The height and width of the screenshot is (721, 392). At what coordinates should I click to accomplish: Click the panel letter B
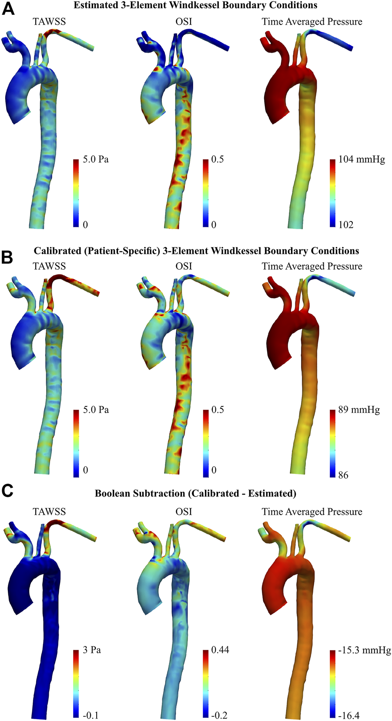(x=7, y=257)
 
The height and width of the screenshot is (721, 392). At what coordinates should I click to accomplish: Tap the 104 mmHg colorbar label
(x=361, y=159)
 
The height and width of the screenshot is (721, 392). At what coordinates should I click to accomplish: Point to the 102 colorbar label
(x=346, y=225)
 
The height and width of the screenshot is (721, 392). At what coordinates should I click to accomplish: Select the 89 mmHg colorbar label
(x=359, y=410)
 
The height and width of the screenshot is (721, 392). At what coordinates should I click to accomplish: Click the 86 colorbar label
(x=343, y=475)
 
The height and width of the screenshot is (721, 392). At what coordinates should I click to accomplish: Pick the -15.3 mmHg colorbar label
(x=365, y=650)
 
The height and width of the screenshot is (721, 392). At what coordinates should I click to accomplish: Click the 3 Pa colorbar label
(x=92, y=650)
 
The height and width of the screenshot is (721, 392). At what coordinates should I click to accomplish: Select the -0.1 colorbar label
(x=90, y=715)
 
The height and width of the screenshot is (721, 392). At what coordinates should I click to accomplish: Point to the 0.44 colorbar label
(x=220, y=650)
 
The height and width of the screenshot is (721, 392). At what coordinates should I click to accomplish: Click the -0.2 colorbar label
(x=219, y=715)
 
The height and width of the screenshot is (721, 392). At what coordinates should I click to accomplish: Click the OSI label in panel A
(x=184, y=21)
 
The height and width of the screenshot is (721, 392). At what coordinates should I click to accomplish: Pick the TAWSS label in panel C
(x=49, y=512)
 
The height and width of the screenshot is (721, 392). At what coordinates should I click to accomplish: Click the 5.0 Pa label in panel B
(x=96, y=410)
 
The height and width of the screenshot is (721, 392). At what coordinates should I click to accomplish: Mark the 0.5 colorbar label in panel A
(x=218, y=159)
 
